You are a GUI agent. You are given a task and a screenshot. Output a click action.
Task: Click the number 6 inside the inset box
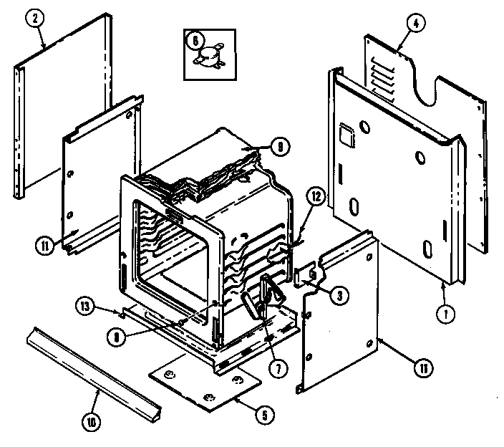click(193, 42)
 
